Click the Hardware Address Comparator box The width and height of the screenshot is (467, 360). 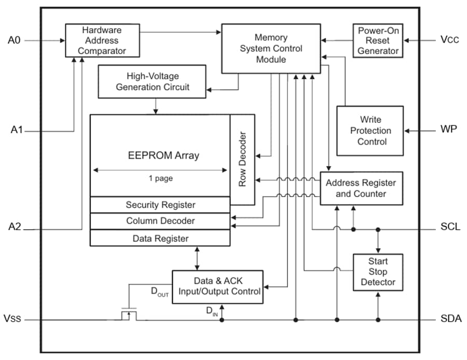[102, 40]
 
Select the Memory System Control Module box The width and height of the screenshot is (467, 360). [271, 48]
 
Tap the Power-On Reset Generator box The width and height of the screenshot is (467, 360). [378, 40]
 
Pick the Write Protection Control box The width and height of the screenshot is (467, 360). [370, 131]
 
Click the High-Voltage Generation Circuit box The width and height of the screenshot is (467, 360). [153, 81]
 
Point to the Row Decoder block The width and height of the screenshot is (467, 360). [242, 160]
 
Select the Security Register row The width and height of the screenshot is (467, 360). [160, 205]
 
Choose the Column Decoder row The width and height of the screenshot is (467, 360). [160, 221]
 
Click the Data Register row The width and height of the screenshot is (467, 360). [160, 238]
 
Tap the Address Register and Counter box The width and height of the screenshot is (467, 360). [361, 188]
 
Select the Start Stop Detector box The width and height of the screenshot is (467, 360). [378, 272]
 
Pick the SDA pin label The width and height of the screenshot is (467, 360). [449, 320]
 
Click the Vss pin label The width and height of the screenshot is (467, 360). [13, 320]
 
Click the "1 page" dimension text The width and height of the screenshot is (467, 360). [160, 178]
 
